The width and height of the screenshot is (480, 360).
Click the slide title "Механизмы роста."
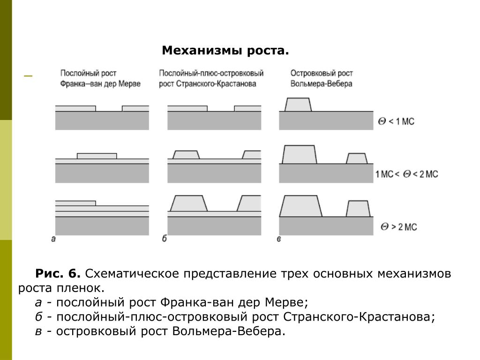coord(225,51)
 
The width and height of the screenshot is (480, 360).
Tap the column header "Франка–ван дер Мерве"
coord(100,84)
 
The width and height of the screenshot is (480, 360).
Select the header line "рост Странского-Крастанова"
coord(207,84)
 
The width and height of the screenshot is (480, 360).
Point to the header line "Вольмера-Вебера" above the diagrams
coord(321,84)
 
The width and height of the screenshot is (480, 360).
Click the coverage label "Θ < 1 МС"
coord(396,122)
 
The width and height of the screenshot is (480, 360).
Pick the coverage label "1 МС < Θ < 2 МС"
coord(406,174)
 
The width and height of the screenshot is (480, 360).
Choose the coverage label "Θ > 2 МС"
coord(398,227)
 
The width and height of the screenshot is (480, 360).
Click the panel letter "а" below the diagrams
coord(53,239)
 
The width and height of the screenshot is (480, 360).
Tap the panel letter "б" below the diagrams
coord(165,239)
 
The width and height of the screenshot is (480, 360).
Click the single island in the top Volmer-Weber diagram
coord(298,105)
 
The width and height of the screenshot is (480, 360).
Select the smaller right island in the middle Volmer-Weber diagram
coord(357,158)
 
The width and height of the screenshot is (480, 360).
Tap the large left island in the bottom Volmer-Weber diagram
coord(300,206)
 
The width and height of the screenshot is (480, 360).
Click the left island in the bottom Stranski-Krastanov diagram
coord(188,203)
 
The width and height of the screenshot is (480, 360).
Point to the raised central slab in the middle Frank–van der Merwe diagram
coord(97,156)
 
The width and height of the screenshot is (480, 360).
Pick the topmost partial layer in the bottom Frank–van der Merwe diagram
coord(75,203)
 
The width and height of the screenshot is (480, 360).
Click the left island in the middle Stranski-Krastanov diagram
coord(186,155)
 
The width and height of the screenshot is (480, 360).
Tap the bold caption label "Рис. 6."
coord(58,274)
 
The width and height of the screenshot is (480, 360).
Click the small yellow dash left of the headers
coord(28,75)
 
